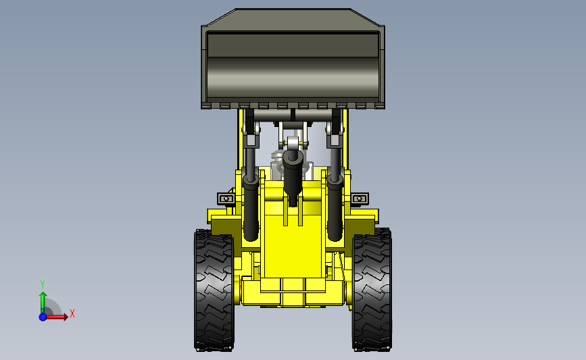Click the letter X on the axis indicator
(x=72, y=313)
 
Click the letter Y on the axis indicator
(x=43, y=284)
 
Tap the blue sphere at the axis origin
(x=43, y=317)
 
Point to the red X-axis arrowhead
(x=66, y=317)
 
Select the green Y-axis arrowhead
(x=43, y=295)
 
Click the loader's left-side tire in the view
(x=214, y=290)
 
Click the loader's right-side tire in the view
(x=372, y=290)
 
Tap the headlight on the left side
(x=226, y=199)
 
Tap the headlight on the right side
(x=360, y=199)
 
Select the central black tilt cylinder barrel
(x=292, y=176)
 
